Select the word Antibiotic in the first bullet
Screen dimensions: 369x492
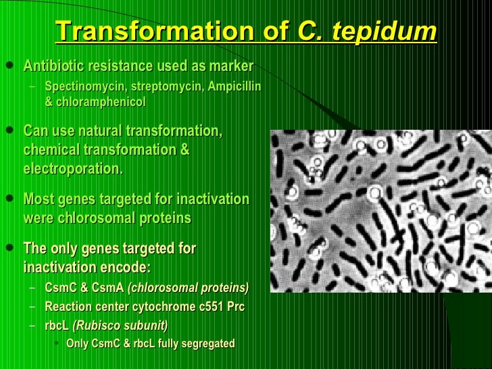53,66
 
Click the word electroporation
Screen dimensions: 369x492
73,168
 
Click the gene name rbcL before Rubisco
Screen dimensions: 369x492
57,325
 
